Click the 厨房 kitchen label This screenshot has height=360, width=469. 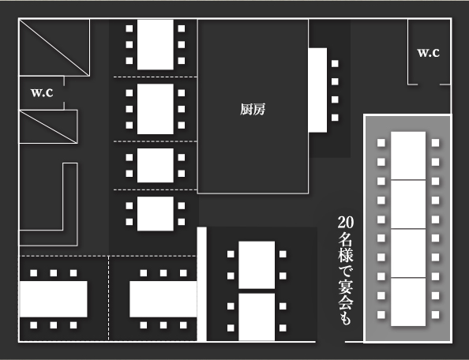pyautogui.click(x=253, y=110)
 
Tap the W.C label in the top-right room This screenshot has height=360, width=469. pyautogui.click(x=428, y=53)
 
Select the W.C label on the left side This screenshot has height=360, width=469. pyautogui.click(x=42, y=92)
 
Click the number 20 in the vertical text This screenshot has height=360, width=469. pyautogui.click(x=346, y=222)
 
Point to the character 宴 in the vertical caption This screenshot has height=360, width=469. pyautogui.click(x=346, y=287)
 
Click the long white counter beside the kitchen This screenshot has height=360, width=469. pyautogui.click(x=317, y=90)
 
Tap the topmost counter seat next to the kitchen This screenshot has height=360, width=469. pyautogui.click(x=335, y=63)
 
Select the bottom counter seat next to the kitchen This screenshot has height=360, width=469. pyautogui.click(x=335, y=118)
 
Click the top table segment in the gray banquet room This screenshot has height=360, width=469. pyautogui.click(x=408, y=156)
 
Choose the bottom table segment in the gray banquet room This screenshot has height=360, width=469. pyautogui.click(x=408, y=302)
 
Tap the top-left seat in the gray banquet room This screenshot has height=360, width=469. pyautogui.click(x=381, y=143)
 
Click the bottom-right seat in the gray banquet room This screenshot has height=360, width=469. pyautogui.click(x=436, y=314)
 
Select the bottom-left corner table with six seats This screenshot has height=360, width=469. pyautogui.click(x=54, y=299)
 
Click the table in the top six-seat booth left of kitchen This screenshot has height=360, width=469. pyautogui.click(x=156, y=44)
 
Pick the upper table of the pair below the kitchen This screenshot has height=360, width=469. pyautogui.click(x=257, y=265)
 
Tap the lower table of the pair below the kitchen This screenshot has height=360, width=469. pyautogui.click(x=257, y=317)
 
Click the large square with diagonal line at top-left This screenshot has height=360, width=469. pyautogui.click(x=54, y=47)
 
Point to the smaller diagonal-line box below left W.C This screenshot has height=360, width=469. pyautogui.click(x=48, y=127)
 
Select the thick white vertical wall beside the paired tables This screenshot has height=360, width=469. pyautogui.click(x=202, y=284)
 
